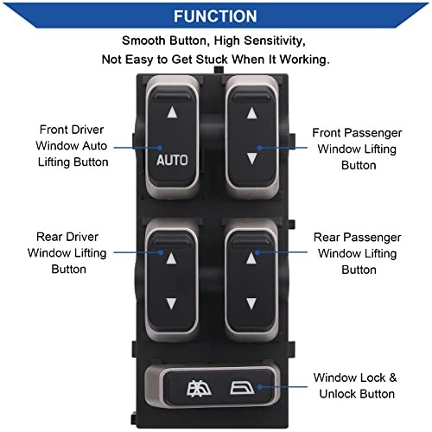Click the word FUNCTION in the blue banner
(x=215, y=16)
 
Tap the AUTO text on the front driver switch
(x=172, y=160)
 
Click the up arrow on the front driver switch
(x=172, y=112)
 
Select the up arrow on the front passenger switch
(x=252, y=113)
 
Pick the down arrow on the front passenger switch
(x=252, y=159)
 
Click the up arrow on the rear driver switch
(x=172, y=258)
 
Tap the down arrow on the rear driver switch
(x=171, y=304)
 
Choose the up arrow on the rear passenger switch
(x=251, y=258)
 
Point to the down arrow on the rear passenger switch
(x=251, y=304)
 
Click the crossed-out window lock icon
(x=199, y=390)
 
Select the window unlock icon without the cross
(x=242, y=388)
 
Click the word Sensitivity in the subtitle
(x=275, y=41)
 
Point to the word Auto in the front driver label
(x=95, y=146)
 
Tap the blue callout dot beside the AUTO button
(x=160, y=148)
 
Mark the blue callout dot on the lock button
(x=259, y=387)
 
